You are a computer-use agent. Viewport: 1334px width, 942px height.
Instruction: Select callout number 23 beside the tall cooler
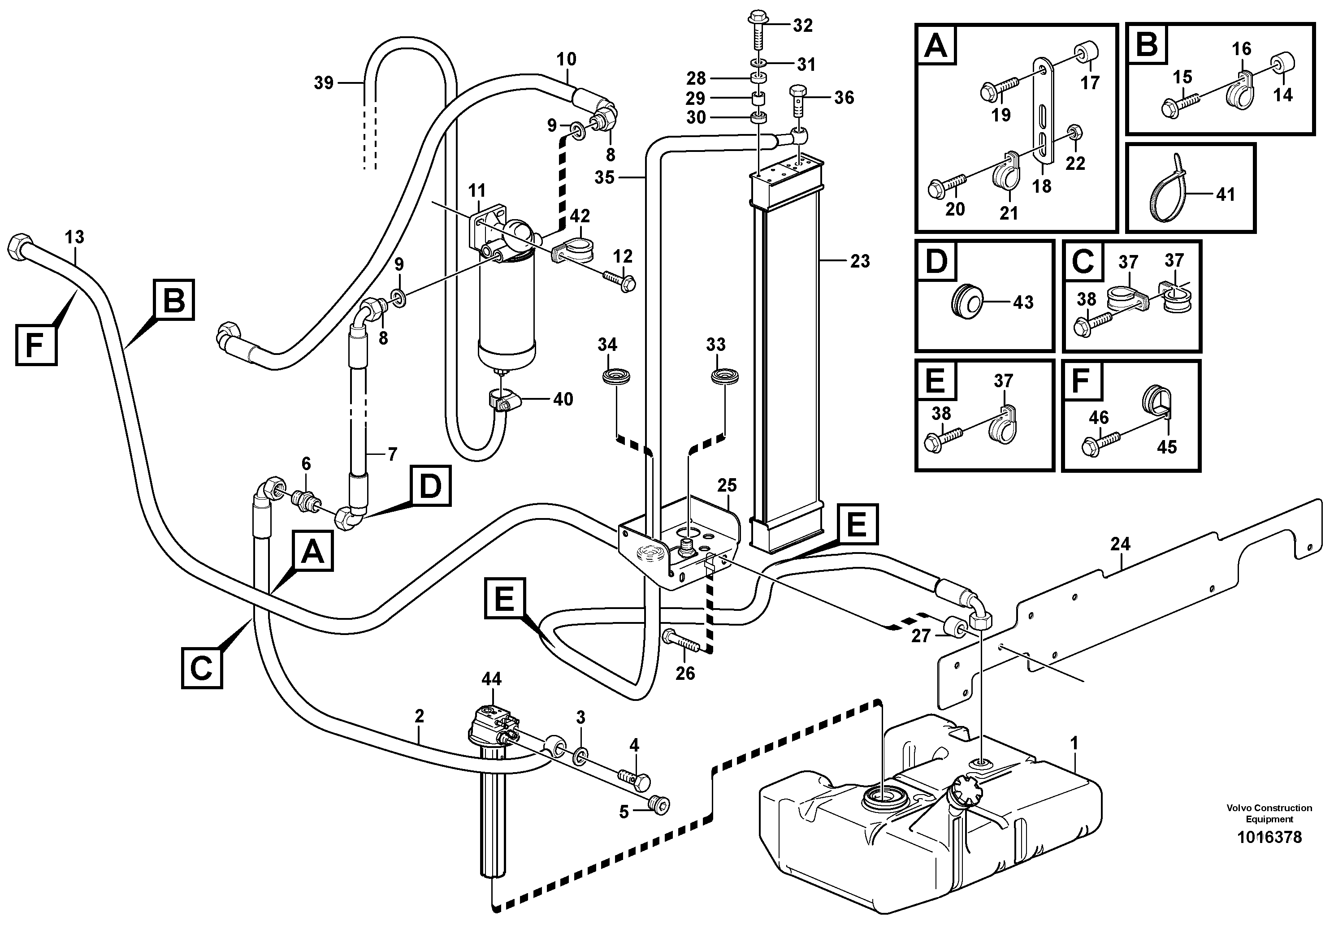(860, 261)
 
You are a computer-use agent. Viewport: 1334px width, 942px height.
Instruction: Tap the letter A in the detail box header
(936, 45)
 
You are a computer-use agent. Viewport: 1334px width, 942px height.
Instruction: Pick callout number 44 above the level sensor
(492, 678)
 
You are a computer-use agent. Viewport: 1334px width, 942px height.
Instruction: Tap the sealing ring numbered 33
(725, 376)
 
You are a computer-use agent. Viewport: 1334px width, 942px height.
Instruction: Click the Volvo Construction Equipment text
(1269, 813)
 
